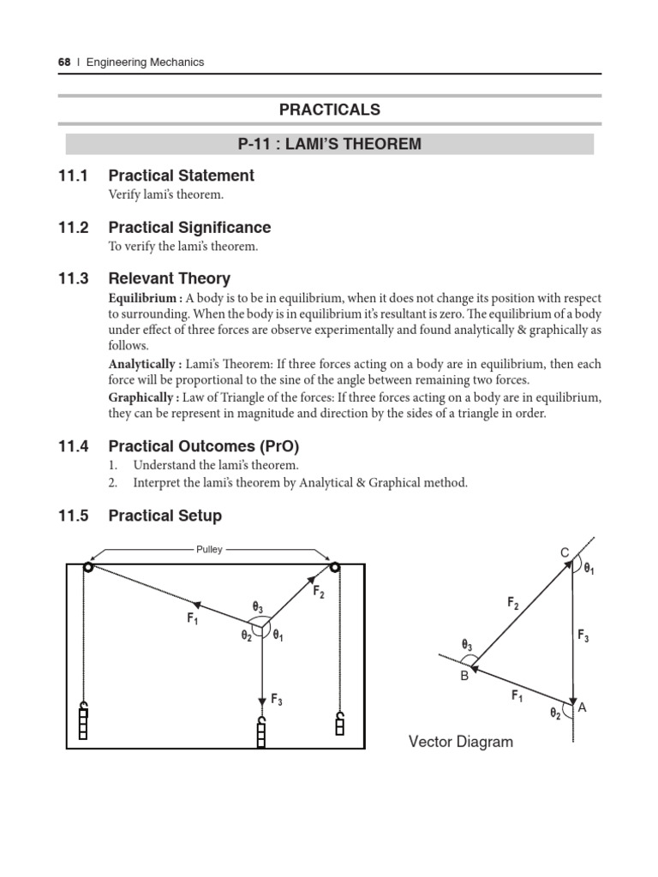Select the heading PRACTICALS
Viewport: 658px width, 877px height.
point(329,110)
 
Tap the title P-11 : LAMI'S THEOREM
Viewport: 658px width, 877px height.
point(329,144)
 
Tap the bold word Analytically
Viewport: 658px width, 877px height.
point(143,364)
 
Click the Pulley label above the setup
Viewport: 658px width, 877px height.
point(209,550)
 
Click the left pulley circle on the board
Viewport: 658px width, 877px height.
point(87,566)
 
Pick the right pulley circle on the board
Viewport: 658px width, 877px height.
point(334,566)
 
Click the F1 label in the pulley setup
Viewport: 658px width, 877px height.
point(193,617)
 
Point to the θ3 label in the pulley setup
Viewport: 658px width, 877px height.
point(256,607)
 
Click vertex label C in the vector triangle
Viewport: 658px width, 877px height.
point(565,553)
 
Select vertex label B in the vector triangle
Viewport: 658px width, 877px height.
point(464,675)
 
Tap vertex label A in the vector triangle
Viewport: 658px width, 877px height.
point(583,707)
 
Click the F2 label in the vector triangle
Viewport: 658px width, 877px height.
point(512,604)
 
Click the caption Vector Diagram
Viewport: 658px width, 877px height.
point(461,742)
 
